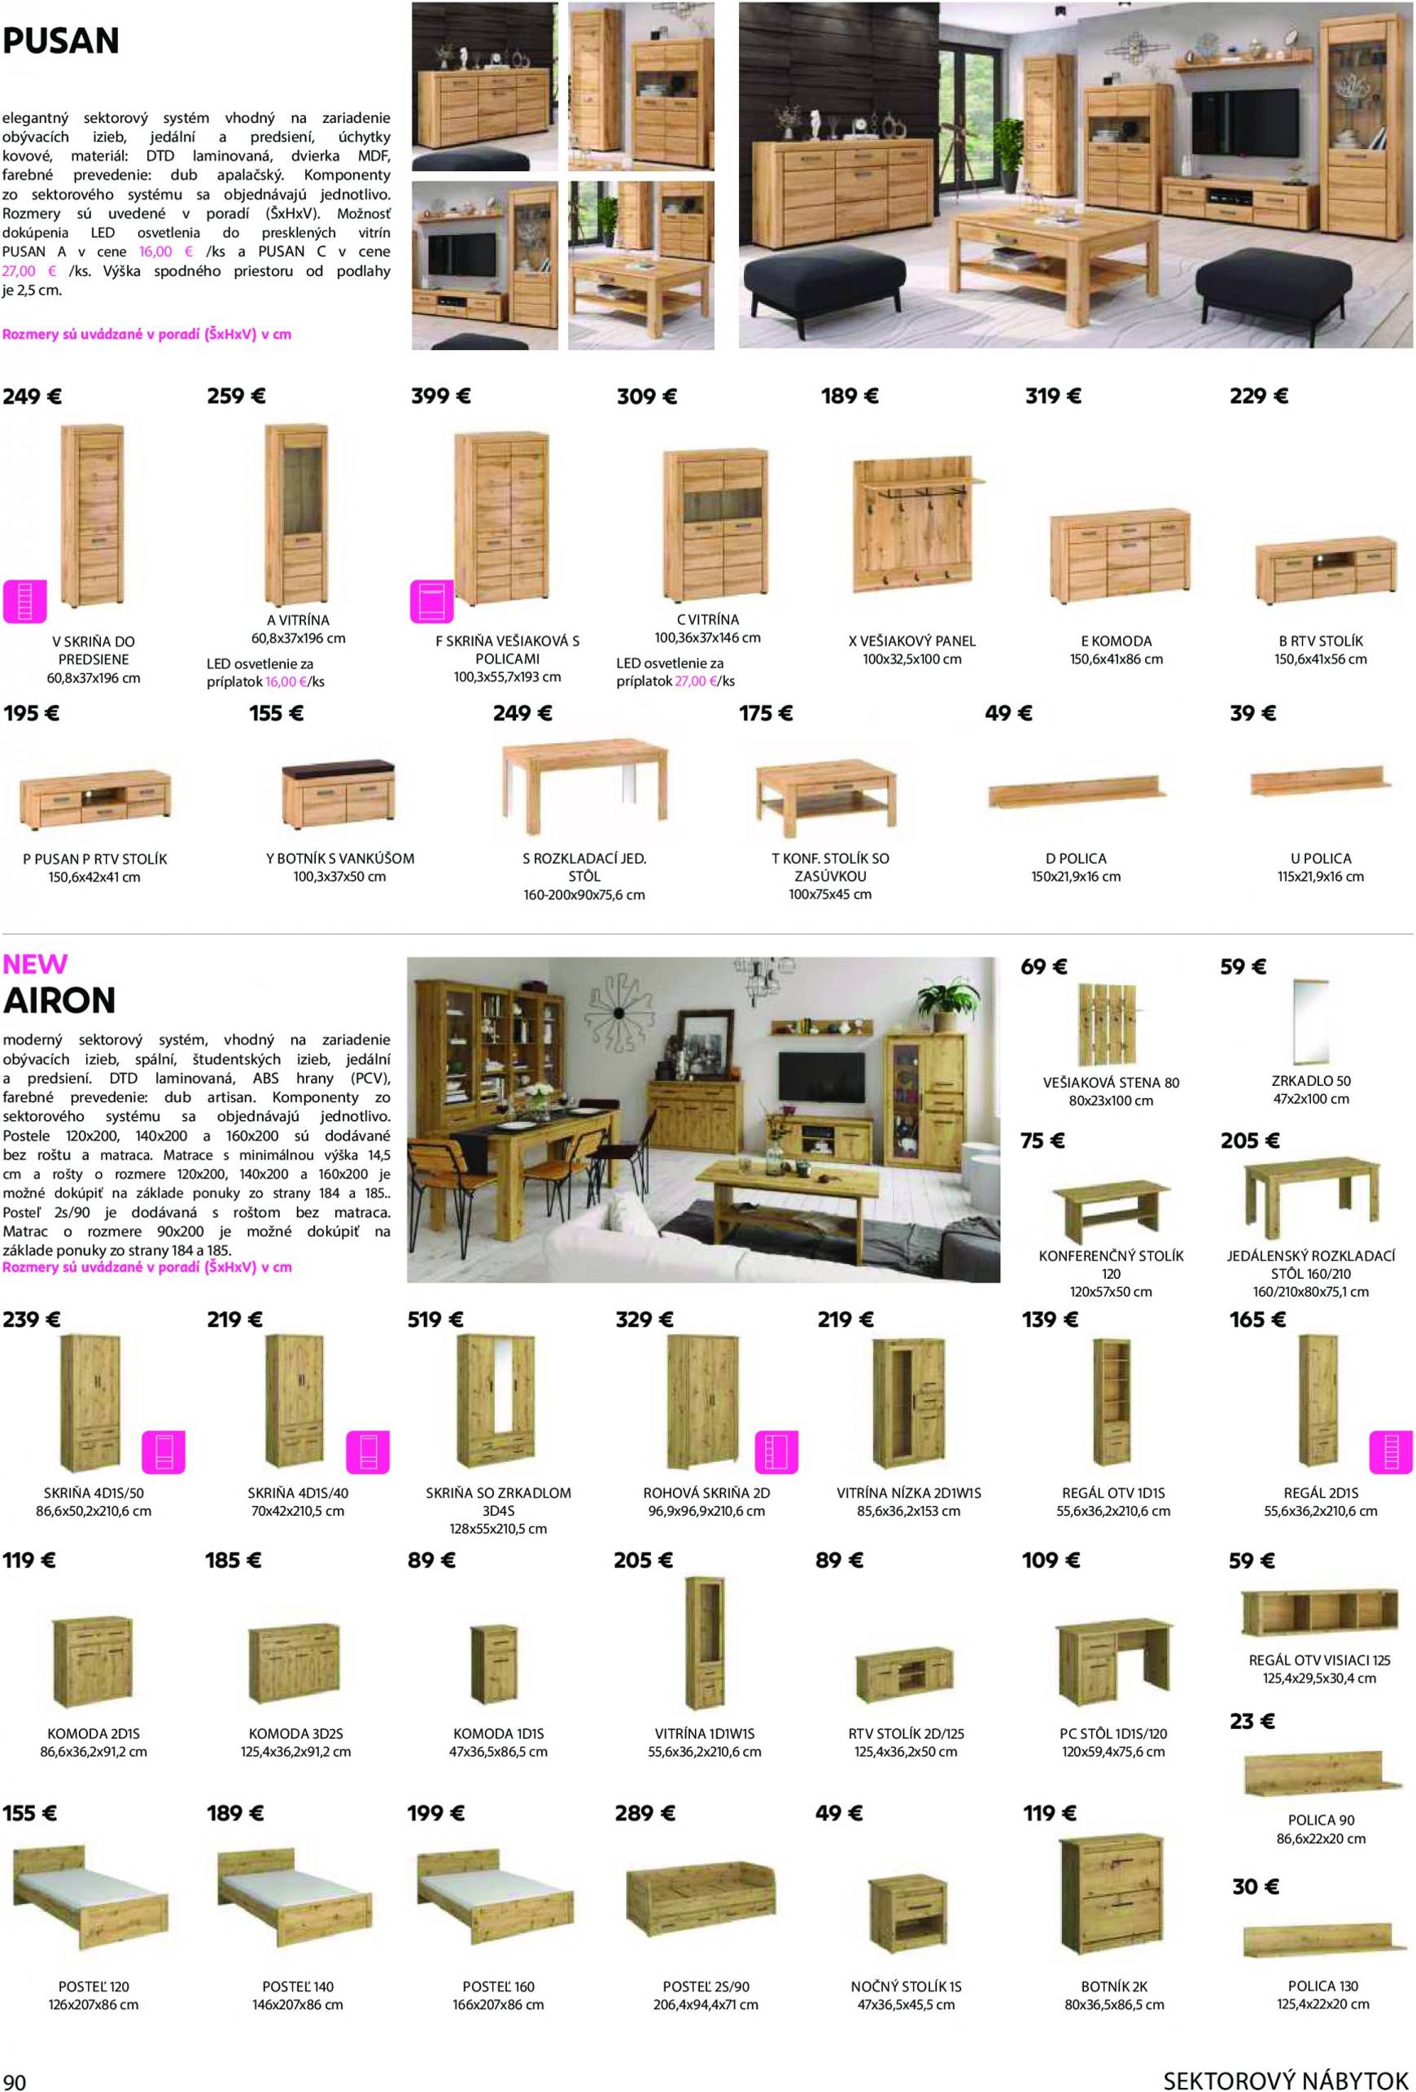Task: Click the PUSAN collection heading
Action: click(61, 41)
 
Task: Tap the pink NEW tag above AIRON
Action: click(35, 964)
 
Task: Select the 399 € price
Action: click(440, 396)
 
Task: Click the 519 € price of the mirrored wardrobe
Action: click(435, 1320)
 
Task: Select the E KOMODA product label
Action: click(1116, 641)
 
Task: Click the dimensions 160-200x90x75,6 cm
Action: click(584, 895)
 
